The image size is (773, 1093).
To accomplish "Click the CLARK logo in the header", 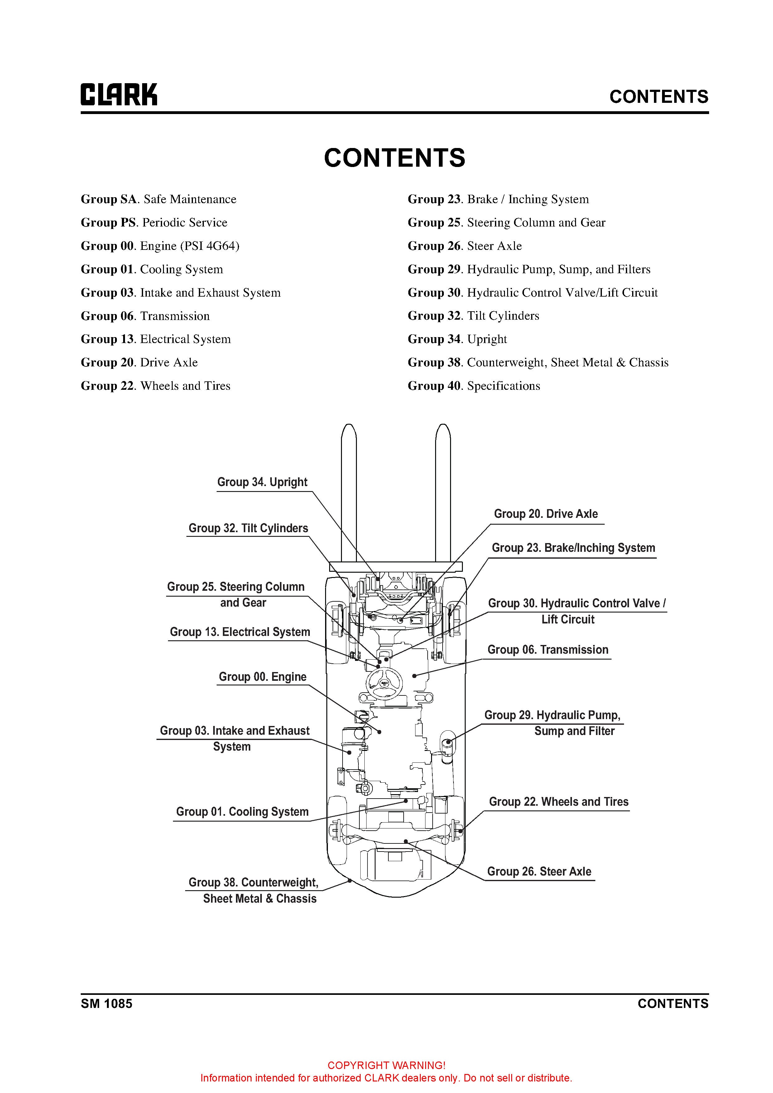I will (118, 94).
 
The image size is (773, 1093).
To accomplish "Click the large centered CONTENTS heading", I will (394, 158).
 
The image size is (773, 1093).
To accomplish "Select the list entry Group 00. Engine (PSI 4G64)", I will (160, 246).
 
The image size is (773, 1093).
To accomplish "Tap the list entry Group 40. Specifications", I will (474, 386).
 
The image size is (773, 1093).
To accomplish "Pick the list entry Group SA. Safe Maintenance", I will (159, 199).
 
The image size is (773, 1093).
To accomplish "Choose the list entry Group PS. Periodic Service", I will (154, 223).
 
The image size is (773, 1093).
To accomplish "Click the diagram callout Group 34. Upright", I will (262, 482).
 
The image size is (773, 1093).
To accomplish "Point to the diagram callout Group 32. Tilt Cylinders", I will (248, 528).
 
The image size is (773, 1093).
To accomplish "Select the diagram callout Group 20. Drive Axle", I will (546, 514).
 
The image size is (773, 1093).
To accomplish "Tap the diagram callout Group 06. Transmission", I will (548, 650).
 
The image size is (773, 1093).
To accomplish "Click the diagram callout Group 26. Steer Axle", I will (539, 872).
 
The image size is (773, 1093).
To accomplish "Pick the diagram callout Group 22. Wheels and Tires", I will (559, 802).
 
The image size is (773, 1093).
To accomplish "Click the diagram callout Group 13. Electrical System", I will (240, 632).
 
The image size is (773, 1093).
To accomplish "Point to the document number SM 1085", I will (107, 1004).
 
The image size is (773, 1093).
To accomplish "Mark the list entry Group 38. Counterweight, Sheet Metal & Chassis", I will (538, 363).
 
